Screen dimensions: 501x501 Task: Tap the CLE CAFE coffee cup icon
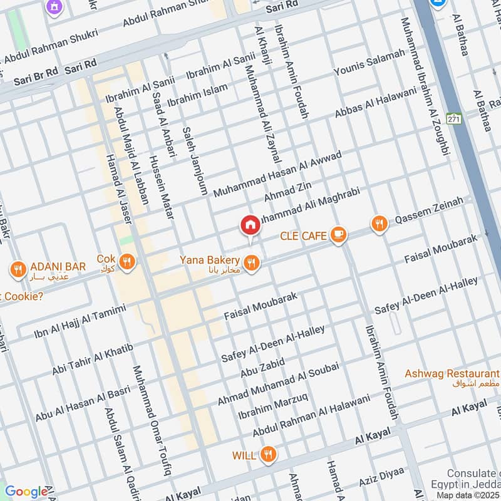pyautogui.click(x=338, y=235)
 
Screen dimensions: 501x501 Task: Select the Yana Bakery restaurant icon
pyautogui.click(x=252, y=263)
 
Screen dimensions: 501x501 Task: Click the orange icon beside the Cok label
pyautogui.click(x=128, y=261)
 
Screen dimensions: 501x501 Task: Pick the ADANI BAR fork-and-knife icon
pyautogui.click(x=18, y=269)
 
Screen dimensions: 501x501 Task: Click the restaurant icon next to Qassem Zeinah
pyautogui.click(x=379, y=223)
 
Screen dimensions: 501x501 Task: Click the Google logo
pyautogui.click(x=26, y=492)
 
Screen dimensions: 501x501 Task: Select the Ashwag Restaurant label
pyautogui.click(x=445, y=374)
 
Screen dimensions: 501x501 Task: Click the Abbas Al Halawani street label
pyautogui.click(x=375, y=102)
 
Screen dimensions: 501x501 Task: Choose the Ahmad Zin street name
pyautogui.click(x=287, y=190)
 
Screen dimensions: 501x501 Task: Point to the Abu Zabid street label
pyautogui.click(x=262, y=368)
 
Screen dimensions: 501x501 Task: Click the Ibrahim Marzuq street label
pyautogui.click(x=272, y=407)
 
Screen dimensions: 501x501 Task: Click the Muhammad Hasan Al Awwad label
pyautogui.click(x=277, y=174)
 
